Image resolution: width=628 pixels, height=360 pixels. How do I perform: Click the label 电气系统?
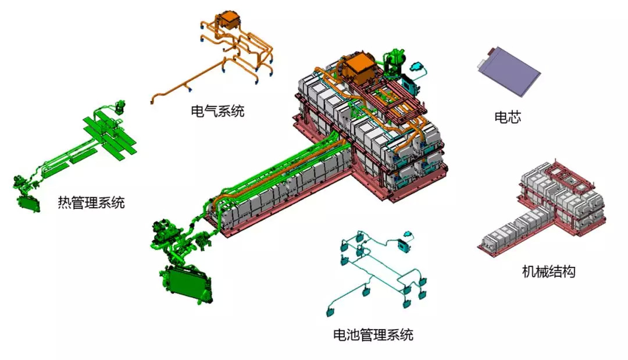point(217,111)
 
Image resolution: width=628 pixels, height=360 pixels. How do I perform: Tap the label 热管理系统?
point(91,202)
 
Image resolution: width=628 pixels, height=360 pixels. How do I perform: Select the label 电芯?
point(507,117)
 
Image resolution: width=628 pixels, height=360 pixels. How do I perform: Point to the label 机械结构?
point(548,271)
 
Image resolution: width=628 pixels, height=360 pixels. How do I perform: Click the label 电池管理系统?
point(373,334)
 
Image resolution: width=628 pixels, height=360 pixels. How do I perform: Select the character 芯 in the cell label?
point(514,117)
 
